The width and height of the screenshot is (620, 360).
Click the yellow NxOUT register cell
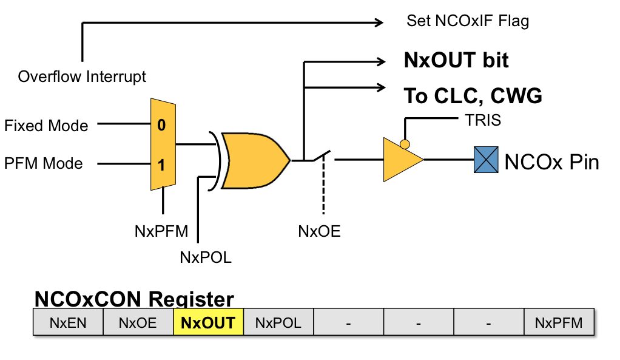point(208,322)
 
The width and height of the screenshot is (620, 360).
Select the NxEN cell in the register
point(68,322)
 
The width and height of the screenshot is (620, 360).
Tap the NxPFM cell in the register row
point(558,322)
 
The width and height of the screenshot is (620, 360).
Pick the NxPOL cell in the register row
point(278,322)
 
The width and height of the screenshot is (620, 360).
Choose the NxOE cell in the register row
point(138,322)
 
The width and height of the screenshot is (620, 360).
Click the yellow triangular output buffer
point(400,160)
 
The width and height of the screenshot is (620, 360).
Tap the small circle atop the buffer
point(404,144)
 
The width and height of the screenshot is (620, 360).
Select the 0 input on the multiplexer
point(161,126)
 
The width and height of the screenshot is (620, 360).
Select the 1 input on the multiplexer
point(161,165)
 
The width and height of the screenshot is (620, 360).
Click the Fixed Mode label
point(46,126)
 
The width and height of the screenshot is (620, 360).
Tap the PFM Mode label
point(43,164)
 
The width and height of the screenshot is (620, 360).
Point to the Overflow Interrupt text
point(82,77)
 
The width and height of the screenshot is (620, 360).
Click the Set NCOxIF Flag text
point(467,22)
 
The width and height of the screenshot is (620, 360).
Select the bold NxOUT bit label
point(456,60)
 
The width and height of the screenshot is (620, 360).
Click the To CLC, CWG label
point(473,96)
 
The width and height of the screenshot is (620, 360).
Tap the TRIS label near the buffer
point(484,120)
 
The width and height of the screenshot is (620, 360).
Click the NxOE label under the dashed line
point(319,231)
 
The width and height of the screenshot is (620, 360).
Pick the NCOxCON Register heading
point(134,299)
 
